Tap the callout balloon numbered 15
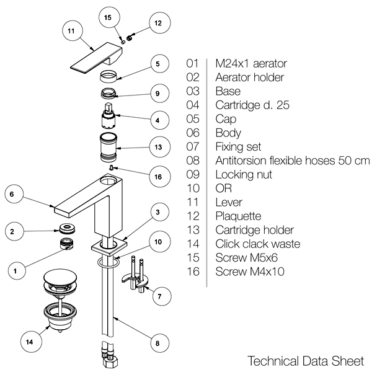[109, 18]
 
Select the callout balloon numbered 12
[157, 23]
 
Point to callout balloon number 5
[157, 64]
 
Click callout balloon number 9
[157, 94]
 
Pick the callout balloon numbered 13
[157, 148]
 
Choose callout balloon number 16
[158, 177]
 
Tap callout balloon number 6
[12, 193]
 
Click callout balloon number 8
[157, 342]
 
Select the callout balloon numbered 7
[159, 296]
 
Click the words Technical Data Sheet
[302, 360]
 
